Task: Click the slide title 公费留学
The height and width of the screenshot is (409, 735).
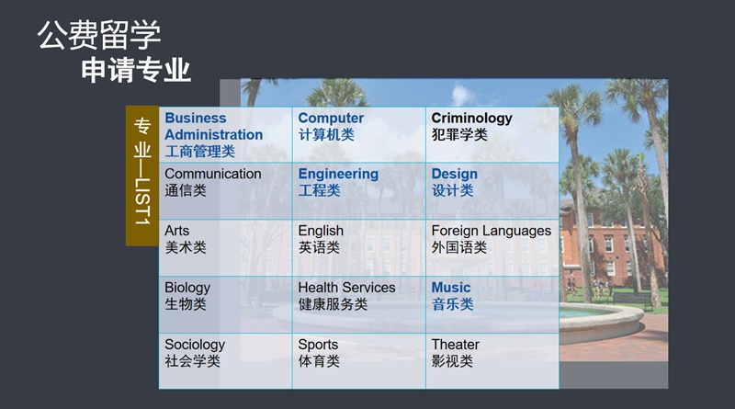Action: tap(99, 35)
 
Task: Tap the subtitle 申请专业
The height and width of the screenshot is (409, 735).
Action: tap(136, 71)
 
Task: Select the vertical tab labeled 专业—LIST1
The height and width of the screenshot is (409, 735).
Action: tap(142, 176)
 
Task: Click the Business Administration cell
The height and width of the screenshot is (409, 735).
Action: tap(225, 135)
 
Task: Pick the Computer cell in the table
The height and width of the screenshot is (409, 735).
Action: tap(359, 135)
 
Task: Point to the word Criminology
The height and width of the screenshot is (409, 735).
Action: tap(471, 119)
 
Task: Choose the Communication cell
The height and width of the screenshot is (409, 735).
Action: tap(225, 191)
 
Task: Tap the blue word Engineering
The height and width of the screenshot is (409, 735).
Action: tap(338, 174)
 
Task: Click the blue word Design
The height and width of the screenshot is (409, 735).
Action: tap(454, 174)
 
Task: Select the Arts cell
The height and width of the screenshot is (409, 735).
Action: tap(225, 248)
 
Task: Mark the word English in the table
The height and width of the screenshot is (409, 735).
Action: tap(321, 231)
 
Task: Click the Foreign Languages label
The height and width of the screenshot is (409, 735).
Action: tap(492, 231)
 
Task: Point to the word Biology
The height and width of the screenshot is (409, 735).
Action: tap(187, 288)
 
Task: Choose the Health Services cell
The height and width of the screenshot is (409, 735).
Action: tap(359, 305)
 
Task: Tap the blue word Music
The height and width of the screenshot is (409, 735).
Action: tap(451, 288)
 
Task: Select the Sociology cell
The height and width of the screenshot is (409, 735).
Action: tap(225, 361)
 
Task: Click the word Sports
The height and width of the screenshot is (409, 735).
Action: tap(318, 345)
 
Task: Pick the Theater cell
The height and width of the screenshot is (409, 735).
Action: tap(492, 361)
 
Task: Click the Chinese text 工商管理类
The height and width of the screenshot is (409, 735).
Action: tap(199, 152)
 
